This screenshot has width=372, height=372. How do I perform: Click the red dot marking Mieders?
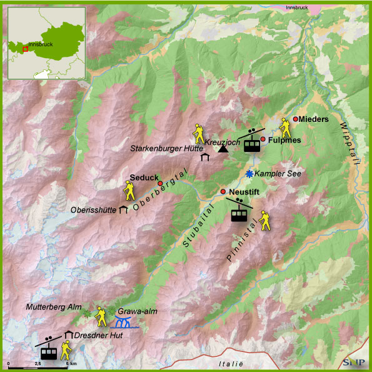296,119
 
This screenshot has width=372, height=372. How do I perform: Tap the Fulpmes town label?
284,140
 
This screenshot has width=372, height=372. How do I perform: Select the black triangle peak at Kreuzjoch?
223,149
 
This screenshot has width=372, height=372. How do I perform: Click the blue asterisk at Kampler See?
249,173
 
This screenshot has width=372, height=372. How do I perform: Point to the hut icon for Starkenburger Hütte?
205,157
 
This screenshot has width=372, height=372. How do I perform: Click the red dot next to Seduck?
160,183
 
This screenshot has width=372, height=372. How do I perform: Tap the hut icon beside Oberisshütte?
124,209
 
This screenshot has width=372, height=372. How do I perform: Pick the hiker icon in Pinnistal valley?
266,221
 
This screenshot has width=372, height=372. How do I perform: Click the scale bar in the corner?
38,362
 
